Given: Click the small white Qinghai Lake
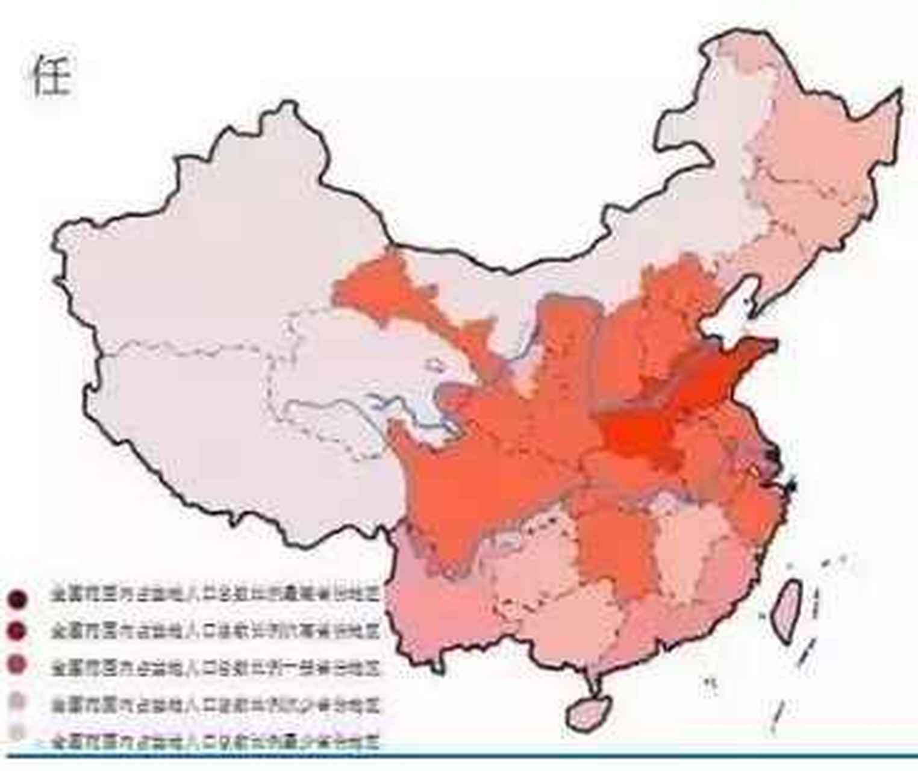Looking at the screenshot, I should tap(434, 364).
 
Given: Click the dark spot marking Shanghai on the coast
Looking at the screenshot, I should tap(791, 482).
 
